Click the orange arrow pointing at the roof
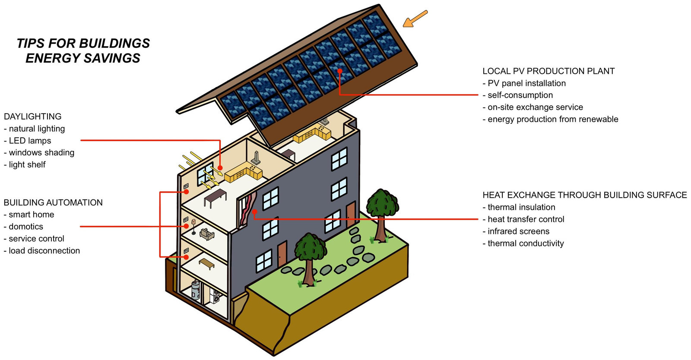pos(415,19)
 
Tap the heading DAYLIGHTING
pos(33,117)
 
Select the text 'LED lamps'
pos(30,141)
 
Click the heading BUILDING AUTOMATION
pos(53,202)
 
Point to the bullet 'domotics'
pos(26,227)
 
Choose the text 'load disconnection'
pos(44,251)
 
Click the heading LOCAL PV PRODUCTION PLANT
pos(548,71)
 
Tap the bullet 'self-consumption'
pos(520,95)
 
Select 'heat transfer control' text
pos(526,219)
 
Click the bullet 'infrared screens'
pos(519,231)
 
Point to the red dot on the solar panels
pos(339,71)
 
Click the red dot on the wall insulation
pos(255,212)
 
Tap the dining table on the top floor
pos(215,198)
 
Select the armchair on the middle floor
pos(207,234)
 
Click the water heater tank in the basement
pos(196,290)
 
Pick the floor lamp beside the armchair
pos(193,227)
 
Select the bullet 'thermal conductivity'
pos(526,243)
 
